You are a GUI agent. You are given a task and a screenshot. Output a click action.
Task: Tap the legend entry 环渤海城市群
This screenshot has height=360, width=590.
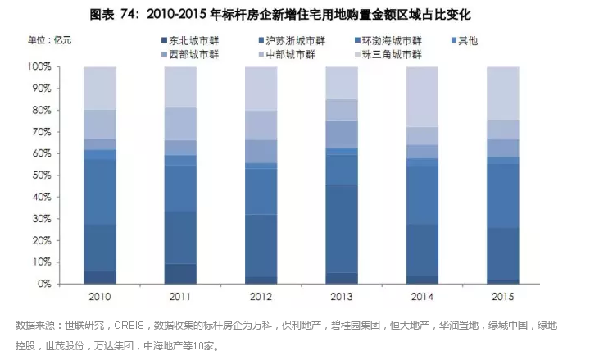click(x=393, y=40)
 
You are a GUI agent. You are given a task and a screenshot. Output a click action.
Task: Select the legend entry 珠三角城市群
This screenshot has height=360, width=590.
click(x=393, y=54)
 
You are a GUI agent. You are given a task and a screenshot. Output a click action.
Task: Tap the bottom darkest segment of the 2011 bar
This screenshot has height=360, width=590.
click(x=180, y=274)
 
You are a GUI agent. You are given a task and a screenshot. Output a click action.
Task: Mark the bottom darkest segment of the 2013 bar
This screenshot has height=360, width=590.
click(x=342, y=278)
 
